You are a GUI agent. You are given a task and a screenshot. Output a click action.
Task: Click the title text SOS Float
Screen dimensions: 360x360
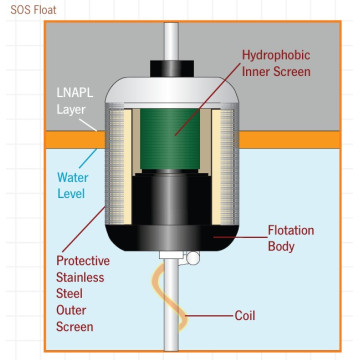(33, 10)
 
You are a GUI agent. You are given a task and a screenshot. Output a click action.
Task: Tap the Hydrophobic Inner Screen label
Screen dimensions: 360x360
(276, 63)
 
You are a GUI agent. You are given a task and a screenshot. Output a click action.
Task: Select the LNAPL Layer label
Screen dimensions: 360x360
(75, 101)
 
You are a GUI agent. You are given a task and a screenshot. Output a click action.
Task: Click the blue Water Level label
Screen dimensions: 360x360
(73, 185)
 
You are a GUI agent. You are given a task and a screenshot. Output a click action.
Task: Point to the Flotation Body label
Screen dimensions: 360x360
(291, 238)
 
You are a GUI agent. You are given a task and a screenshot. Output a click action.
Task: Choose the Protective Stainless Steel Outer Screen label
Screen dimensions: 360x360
(83, 294)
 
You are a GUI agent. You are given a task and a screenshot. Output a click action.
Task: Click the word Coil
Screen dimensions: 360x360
(246, 315)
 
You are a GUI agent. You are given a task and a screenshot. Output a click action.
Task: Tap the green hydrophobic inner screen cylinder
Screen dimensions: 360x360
(170, 139)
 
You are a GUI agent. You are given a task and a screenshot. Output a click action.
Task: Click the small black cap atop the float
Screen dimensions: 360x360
(172, 68)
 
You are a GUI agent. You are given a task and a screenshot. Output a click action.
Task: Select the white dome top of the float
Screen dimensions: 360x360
(172, 90)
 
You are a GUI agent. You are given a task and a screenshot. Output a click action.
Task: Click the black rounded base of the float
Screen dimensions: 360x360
(172, 238)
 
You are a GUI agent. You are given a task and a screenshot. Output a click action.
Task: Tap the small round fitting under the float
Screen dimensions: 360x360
(193, 258)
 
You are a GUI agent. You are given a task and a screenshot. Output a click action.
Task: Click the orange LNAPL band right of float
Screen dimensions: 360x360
(290, 139)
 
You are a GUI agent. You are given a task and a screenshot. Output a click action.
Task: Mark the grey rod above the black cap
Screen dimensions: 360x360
(172, 41)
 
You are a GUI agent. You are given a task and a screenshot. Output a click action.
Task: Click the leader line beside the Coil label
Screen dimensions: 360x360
(210, 315)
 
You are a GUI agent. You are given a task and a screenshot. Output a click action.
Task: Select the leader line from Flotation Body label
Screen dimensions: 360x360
(240, 237)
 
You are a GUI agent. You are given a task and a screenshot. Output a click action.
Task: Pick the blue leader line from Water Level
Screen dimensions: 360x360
(88, 158)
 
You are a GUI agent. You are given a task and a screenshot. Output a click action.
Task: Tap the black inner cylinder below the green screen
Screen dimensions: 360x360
(172, 198)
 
